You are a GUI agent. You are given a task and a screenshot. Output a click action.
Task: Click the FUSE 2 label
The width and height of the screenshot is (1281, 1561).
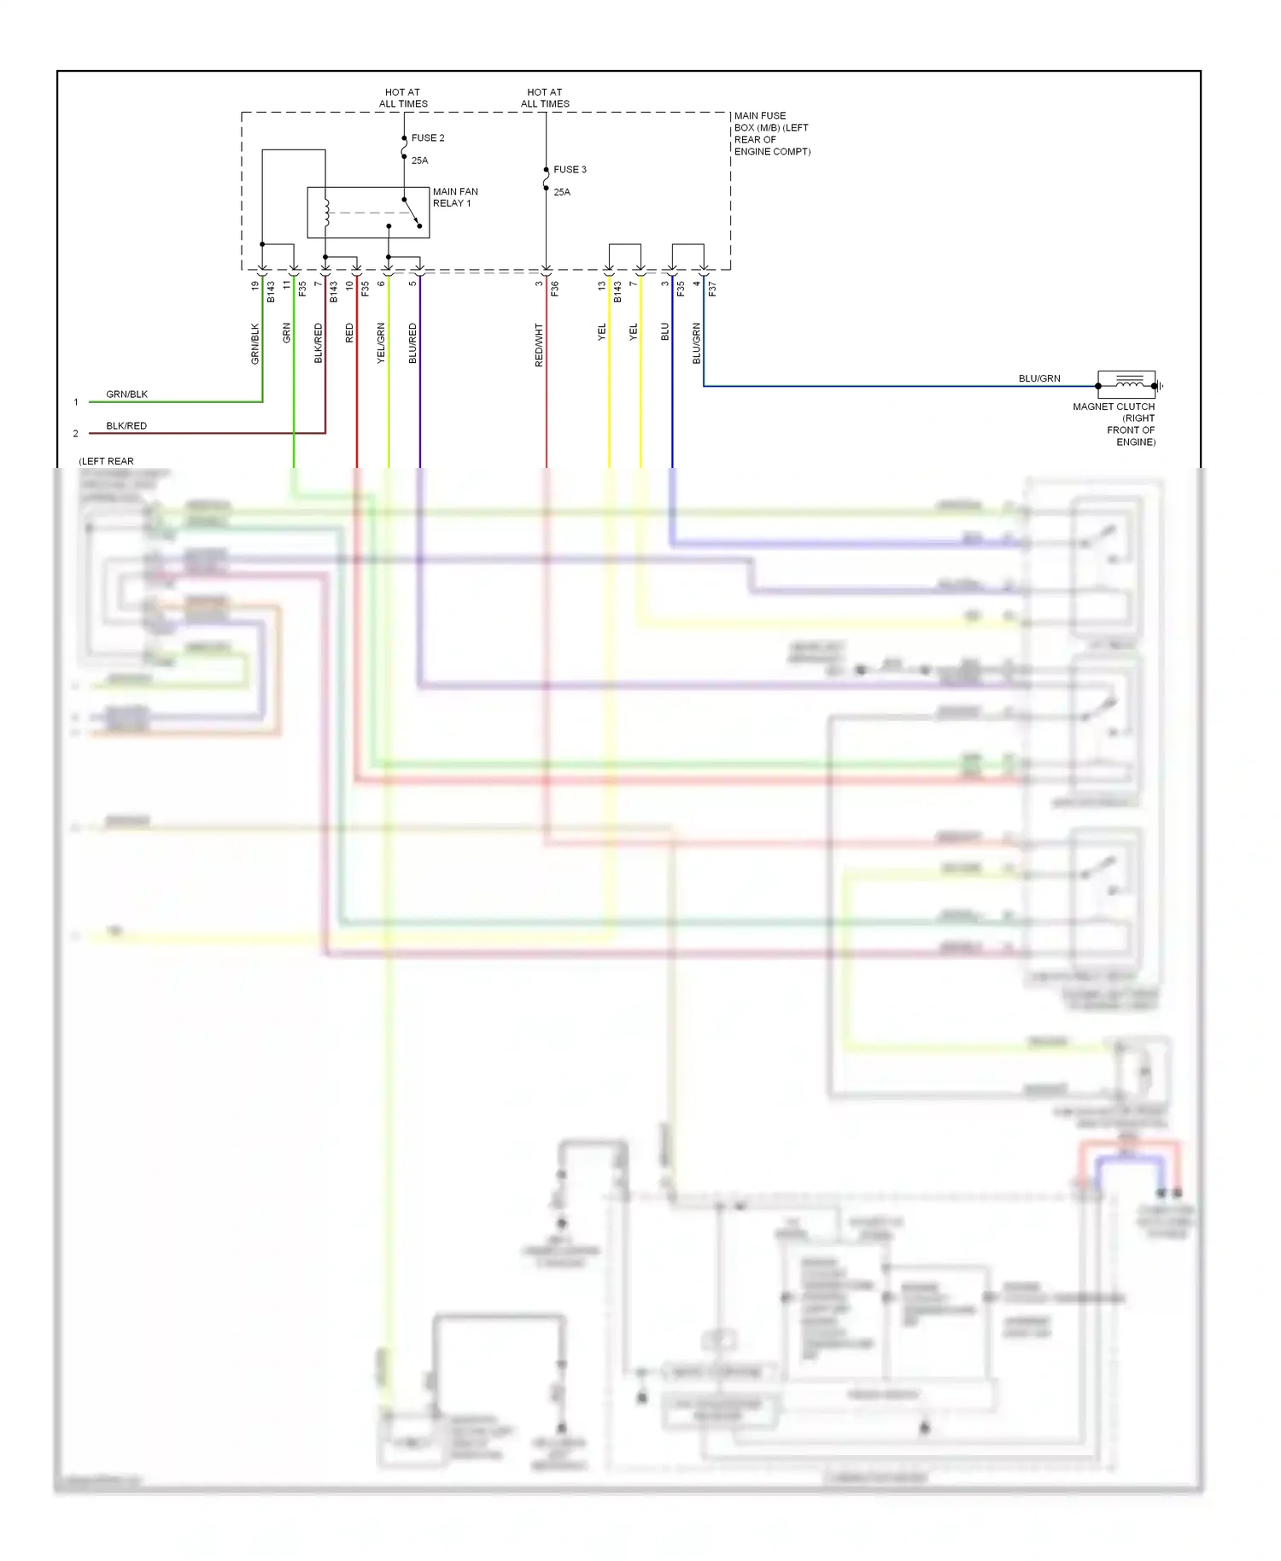coord(427,137)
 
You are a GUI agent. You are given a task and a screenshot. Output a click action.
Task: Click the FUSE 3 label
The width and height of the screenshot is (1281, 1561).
coord(570,169)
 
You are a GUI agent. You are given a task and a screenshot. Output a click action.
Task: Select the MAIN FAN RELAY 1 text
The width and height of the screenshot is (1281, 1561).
coord(454,197)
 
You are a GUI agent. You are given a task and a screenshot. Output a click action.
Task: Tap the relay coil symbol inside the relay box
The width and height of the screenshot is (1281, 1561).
coord(326,212)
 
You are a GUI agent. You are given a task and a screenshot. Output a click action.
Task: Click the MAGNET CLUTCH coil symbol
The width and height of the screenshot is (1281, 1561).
coord(1128,381)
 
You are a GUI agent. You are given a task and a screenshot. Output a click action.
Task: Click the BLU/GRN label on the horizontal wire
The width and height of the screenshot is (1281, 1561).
coord(1038,378)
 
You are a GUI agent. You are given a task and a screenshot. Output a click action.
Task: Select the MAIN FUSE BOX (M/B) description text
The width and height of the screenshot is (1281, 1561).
coord(771,133)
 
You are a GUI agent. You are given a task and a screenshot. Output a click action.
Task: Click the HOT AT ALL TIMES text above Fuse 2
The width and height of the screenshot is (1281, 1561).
coord(402,97)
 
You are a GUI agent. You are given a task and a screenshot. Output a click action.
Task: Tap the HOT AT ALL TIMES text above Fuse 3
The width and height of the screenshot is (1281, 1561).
coord(545,97)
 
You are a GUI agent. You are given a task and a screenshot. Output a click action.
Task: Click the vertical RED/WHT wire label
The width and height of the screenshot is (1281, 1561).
coord(539,345)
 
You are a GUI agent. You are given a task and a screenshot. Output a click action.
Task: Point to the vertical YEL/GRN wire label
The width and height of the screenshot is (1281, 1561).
coord(381,343)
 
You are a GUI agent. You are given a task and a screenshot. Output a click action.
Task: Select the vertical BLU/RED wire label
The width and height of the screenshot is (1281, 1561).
coord(412,343)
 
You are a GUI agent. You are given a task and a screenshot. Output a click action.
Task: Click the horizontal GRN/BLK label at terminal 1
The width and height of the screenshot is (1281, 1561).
coord(126,394)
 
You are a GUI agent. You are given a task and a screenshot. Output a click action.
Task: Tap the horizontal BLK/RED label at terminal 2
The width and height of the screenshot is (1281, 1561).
coord(126,425)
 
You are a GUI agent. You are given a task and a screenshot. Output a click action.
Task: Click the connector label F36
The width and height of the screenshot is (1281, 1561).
coord(554,289)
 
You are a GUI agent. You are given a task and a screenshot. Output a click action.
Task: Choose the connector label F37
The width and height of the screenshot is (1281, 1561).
coord(712,289)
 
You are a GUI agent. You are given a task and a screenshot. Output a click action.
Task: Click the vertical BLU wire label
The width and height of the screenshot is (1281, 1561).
coord(665,332)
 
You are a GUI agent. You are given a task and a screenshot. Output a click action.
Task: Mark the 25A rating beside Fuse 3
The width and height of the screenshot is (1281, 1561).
coord(561,192)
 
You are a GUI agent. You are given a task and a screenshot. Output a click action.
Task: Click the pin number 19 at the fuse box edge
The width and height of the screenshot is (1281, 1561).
coord(254,286)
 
